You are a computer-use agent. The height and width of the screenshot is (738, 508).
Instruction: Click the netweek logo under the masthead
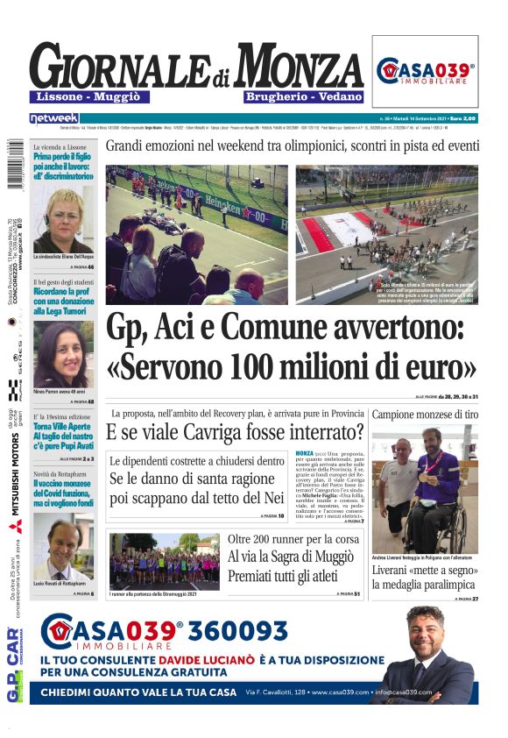click(53, 117)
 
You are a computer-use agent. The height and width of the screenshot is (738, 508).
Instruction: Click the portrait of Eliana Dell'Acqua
click(62, 220)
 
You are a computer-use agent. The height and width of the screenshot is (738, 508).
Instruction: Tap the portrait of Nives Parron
click(62, 354)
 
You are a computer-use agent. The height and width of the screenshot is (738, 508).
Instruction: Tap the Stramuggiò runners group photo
click(152, 561)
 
